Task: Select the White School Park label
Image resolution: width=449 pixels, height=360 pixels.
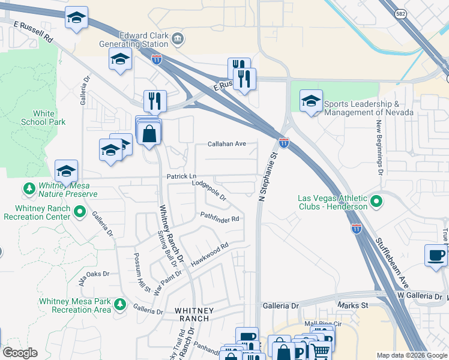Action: click(x=43, y=118)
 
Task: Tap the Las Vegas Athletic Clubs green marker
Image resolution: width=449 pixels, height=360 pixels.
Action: click(x=376, y=202)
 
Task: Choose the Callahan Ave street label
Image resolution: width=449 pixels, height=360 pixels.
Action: click(x=227, y=144)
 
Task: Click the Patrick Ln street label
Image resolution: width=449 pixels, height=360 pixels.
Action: click(x=181, y=176)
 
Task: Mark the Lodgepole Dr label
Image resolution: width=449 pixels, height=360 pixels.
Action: click(x=208, y=191)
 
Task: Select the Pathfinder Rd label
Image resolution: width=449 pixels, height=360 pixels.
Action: click(x=220, y=218)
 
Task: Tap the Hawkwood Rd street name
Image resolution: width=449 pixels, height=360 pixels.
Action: click(x=210, y=255)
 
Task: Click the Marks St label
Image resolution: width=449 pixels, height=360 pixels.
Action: click(x=356, y=305)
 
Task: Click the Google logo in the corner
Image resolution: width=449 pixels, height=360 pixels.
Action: click(x=19, y=353)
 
